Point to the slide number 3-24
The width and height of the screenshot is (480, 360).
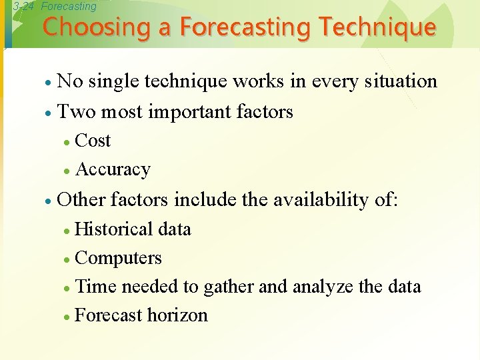coord(24,6)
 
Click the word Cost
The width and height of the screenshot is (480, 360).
coord(93,141)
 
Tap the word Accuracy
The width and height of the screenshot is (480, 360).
coord(113,170)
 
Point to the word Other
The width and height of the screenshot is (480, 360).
coord(82,199)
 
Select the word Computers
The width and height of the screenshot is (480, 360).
coord(119,258)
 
